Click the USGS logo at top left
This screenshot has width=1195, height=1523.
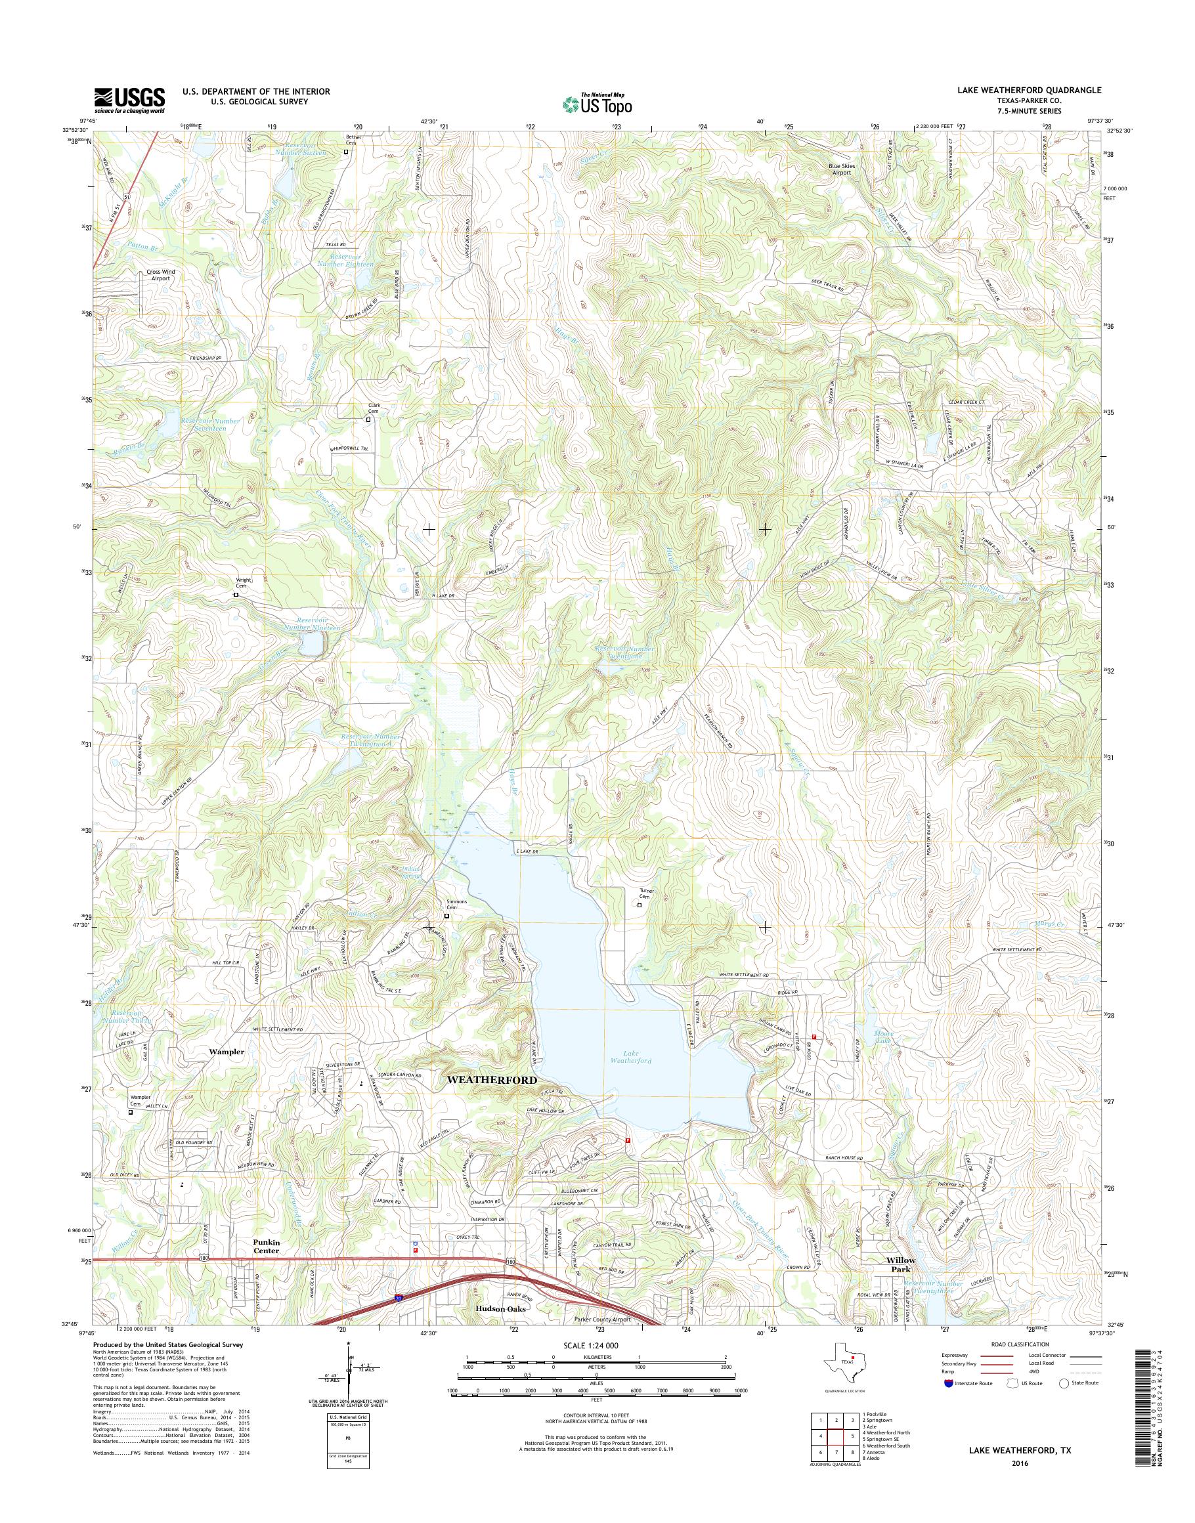130,100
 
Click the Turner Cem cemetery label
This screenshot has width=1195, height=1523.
645,894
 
